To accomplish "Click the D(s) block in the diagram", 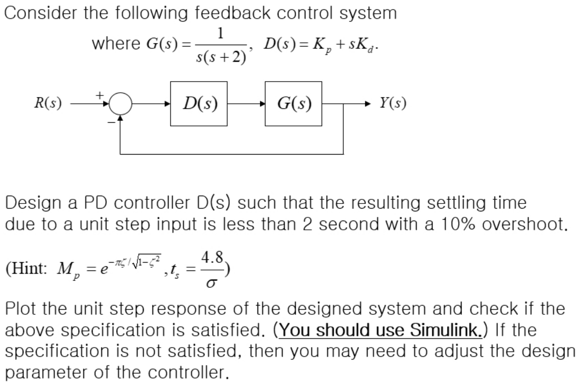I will coord(199,104).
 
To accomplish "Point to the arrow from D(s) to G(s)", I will coord(246,104).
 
